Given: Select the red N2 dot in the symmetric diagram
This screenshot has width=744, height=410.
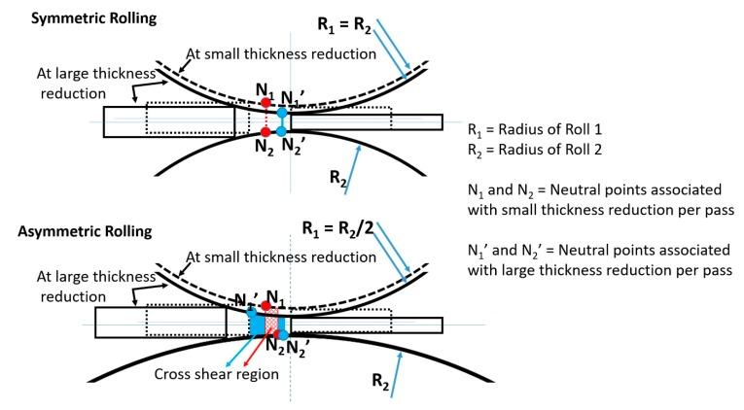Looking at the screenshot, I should tap(264, 131).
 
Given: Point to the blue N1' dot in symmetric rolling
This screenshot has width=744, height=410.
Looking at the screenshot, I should tap(282, 113).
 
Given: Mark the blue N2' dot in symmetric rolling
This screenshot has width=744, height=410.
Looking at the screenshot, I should tap(282, 131).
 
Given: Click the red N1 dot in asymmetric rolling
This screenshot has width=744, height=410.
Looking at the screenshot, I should tap(266, 306).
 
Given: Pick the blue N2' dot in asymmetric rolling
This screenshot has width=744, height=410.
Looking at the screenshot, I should tap(282, 334).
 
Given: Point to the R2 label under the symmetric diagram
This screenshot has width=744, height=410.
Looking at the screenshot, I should tap(336, 179).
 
